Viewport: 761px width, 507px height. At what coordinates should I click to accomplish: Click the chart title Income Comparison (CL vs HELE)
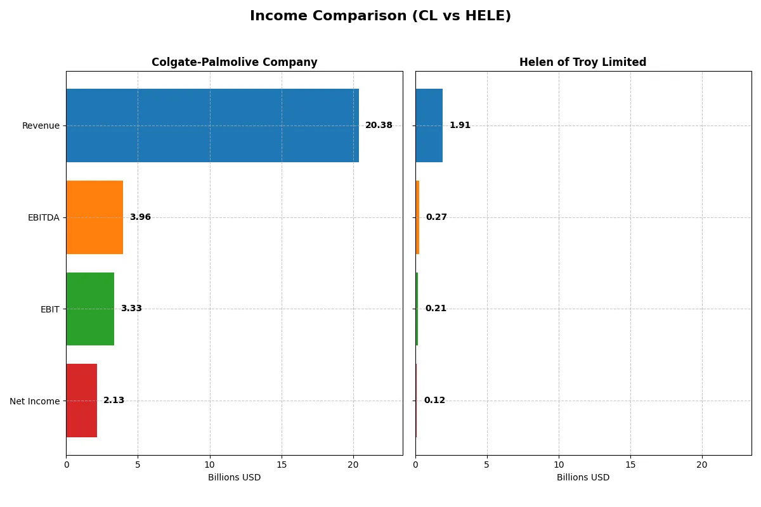pos(380,16)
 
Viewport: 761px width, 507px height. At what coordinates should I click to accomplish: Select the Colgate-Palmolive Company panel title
pos(234,62)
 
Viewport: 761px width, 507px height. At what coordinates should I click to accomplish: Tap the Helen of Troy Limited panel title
pos(582,62)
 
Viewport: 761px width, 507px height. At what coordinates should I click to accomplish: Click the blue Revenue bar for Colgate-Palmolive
pos(212,125)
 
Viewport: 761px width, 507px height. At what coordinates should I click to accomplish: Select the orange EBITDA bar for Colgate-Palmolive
pos(94,217)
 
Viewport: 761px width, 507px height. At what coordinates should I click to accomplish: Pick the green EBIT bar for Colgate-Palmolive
pos(90,309)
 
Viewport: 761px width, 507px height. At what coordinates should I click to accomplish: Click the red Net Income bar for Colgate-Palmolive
pos(81,401)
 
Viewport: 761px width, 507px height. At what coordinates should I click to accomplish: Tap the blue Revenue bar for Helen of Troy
pos(429,125)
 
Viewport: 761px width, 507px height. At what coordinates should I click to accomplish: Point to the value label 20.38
pos(379,125)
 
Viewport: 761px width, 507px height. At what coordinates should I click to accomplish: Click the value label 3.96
pos(140,217)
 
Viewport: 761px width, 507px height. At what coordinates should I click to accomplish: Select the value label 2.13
pos(114,401)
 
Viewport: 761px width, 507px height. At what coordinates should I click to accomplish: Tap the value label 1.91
pos(460,125)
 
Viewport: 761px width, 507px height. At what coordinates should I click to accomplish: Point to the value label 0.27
pos(436,217)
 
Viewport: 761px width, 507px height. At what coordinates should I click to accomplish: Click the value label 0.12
pos(434,401)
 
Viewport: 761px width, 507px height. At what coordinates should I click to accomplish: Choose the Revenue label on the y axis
pos(41,125)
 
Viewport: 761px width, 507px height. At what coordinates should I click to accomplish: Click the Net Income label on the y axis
pos(35,401)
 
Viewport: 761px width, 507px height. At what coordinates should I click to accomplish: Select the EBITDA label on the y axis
pos(43,217)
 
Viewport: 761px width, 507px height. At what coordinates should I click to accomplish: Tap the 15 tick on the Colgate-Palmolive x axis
pos(282,465)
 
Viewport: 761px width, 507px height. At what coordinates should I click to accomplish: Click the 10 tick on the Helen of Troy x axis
pos(559,465)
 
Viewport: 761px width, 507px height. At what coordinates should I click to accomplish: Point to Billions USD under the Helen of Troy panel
pos(583,477)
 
